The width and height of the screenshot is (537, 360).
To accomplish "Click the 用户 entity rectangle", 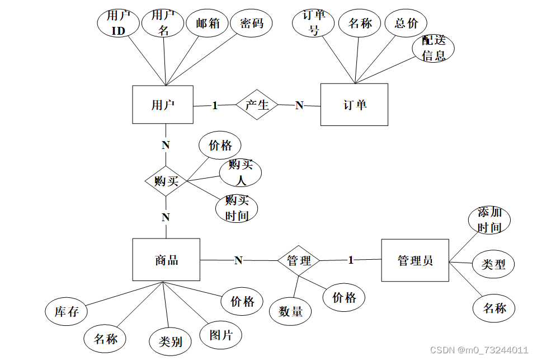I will point(163,105).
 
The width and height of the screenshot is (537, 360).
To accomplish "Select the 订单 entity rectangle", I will point(354,105).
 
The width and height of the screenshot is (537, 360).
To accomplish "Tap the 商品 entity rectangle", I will point(166,260).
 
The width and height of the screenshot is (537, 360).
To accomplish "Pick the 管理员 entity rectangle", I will point(414,260).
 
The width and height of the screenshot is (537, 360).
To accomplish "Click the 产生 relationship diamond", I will point(257,105).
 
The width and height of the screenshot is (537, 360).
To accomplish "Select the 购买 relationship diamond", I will point(166,181).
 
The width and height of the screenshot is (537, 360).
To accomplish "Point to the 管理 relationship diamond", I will point(299,260).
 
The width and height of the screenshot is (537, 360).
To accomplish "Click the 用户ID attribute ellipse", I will point(119,24).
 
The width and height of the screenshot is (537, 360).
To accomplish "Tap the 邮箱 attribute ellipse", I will point(207,24).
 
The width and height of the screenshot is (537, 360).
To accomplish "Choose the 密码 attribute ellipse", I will point(252,24).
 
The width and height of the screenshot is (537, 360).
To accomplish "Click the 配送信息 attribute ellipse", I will point(434,48).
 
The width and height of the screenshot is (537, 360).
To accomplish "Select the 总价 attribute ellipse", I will point(406,24).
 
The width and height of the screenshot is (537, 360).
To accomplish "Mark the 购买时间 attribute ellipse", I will point(237,208).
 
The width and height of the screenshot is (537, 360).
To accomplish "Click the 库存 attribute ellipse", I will point(67,312).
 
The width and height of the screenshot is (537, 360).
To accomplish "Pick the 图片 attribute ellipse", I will point(221,335).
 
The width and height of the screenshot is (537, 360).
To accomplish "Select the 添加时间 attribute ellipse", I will point(489,220).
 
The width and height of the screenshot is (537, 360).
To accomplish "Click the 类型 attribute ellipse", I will point(493,264).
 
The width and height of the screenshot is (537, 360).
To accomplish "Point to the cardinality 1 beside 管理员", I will point(351,260).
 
